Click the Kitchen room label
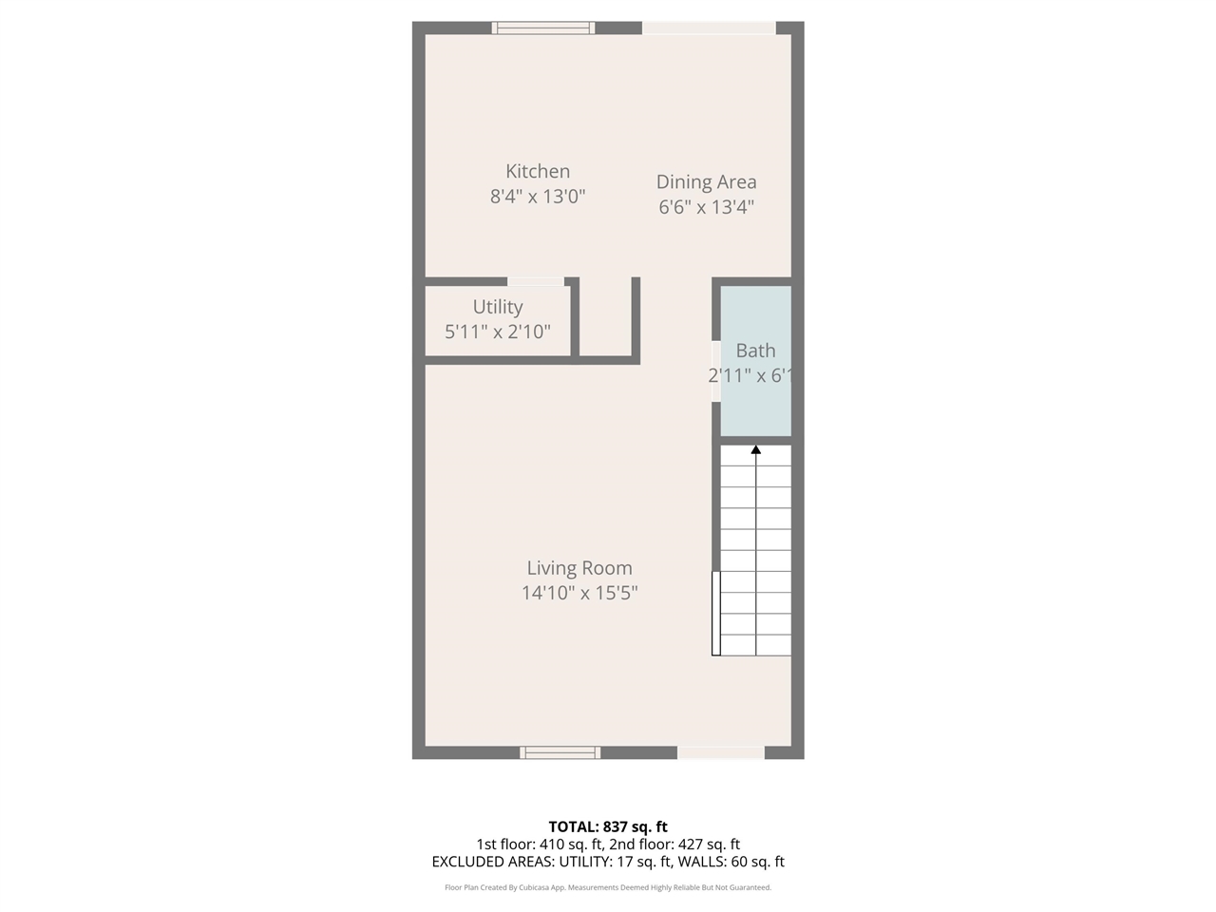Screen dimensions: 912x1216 538,172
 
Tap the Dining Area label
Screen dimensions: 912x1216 707,182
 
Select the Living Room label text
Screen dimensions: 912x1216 579,568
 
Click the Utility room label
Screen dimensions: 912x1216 498,307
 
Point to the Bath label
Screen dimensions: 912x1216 755,351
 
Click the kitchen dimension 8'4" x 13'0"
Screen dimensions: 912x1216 538,197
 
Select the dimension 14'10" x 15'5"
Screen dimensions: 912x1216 579,593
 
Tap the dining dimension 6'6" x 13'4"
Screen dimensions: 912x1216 707,207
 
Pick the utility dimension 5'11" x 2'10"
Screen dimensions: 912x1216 498,332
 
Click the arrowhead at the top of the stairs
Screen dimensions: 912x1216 756,450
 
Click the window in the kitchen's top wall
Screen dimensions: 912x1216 543,28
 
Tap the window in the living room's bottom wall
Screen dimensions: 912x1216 560,752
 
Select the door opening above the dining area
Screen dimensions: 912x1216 709,28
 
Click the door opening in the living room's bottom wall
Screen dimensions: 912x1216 720,752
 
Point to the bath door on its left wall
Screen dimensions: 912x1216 716,370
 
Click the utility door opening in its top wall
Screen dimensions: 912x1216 536,281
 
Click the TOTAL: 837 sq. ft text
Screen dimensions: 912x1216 608,826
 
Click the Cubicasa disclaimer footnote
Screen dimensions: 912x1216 608,887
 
